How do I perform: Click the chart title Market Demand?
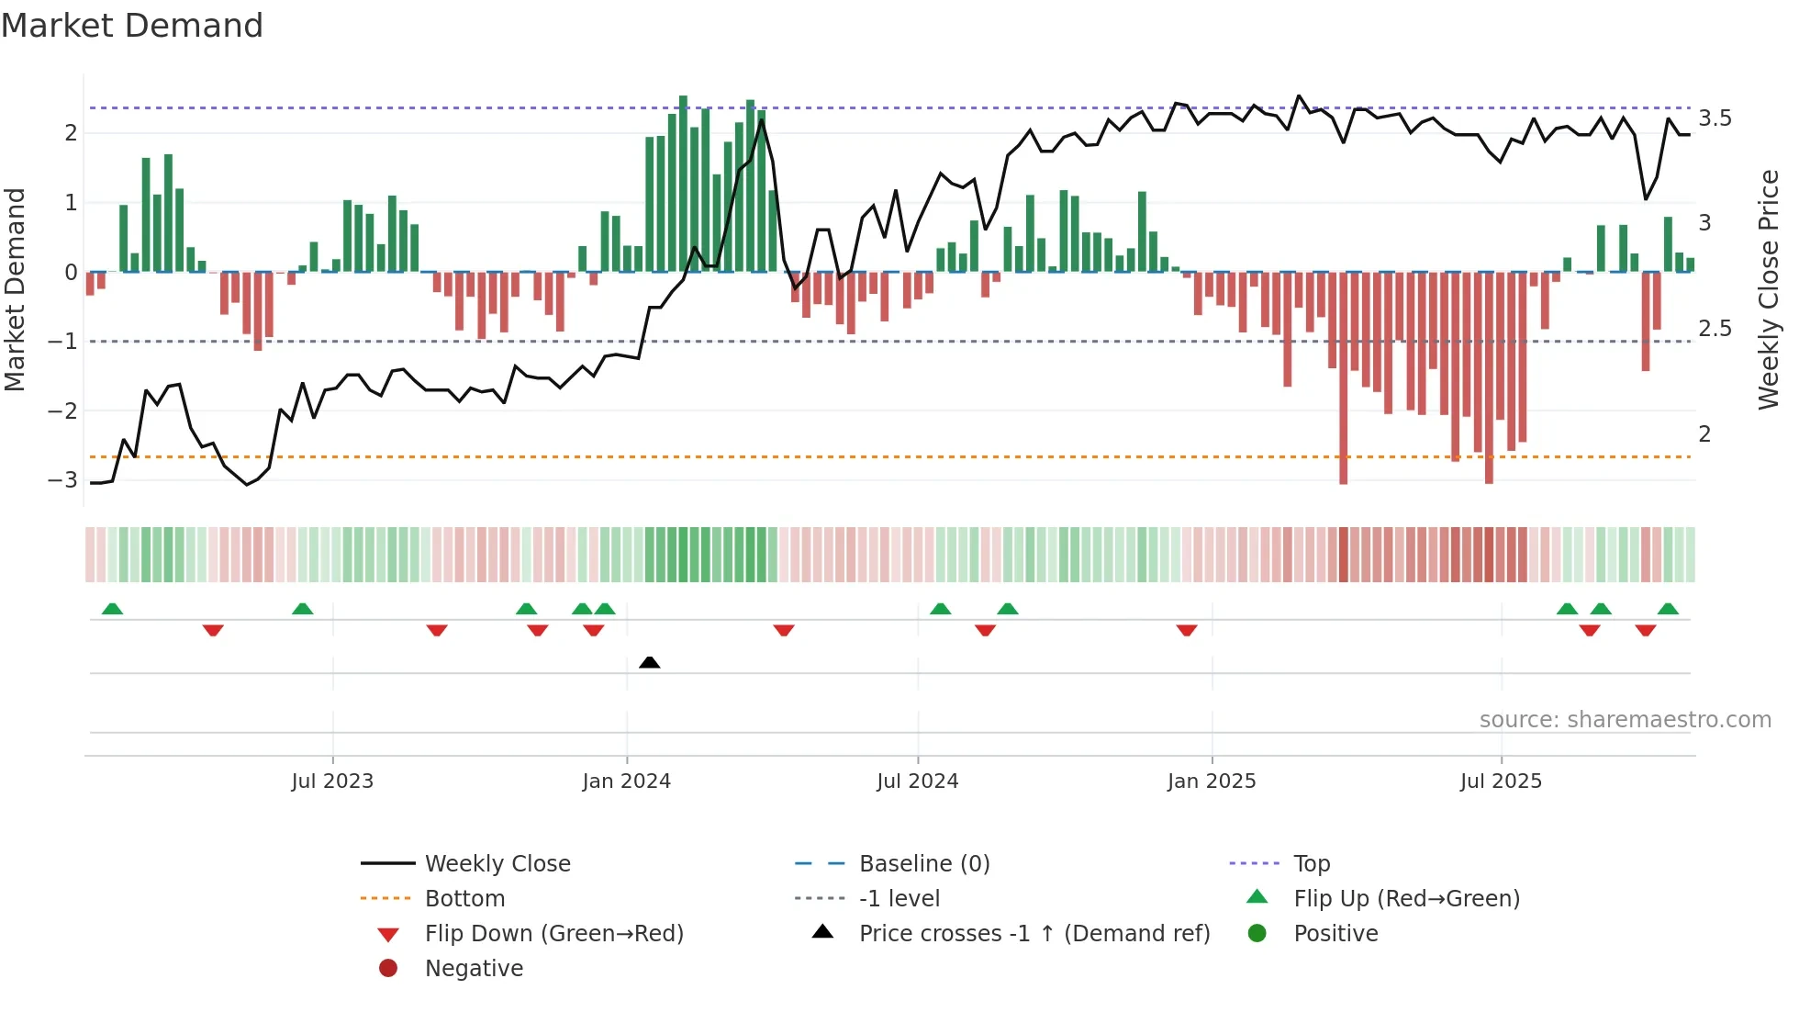pyautogui.click(x=132, y=26)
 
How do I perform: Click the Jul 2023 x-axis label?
pyautogui.click(x=332, y=781)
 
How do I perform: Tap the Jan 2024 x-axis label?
pyautogui.click(x=627, y=781)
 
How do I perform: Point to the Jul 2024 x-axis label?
pyautogui.click(x=918, y=781)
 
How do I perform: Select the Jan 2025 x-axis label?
pyautogui.click(x=1212, y=781)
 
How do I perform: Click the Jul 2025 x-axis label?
pyautogui.click(x=1502, y=781)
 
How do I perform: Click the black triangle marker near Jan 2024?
pyautogui.click(x=650, y=662)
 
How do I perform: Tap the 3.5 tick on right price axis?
pyautogui.click(x=1715, y=118)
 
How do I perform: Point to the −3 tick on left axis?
pyautogui.click(x=63, y=480)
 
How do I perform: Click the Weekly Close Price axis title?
pyautogui.click(x=1768, y=289)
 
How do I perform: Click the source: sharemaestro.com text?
pyautogui.click(x=1625, y=720)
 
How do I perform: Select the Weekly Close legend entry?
pyautogui.click(x=497, y=864)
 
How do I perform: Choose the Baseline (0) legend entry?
pyautogui.click(x=923, y=864)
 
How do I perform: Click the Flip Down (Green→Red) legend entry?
pyautogui.click(x=553, y=934)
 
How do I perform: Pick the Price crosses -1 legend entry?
pyautogui.click(x=1034, y=934)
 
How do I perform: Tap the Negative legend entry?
pyautogui.click(x=474, y=969)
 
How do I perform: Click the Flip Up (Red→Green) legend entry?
pyautogui.click(x=1406, y=899)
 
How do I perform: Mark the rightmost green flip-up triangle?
pyautogui.click(x=1669, y=609)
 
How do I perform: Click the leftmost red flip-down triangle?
pyautogui.click(x=213, y=630)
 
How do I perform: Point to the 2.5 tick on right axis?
pyautogui.click(x=1715, y=329)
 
